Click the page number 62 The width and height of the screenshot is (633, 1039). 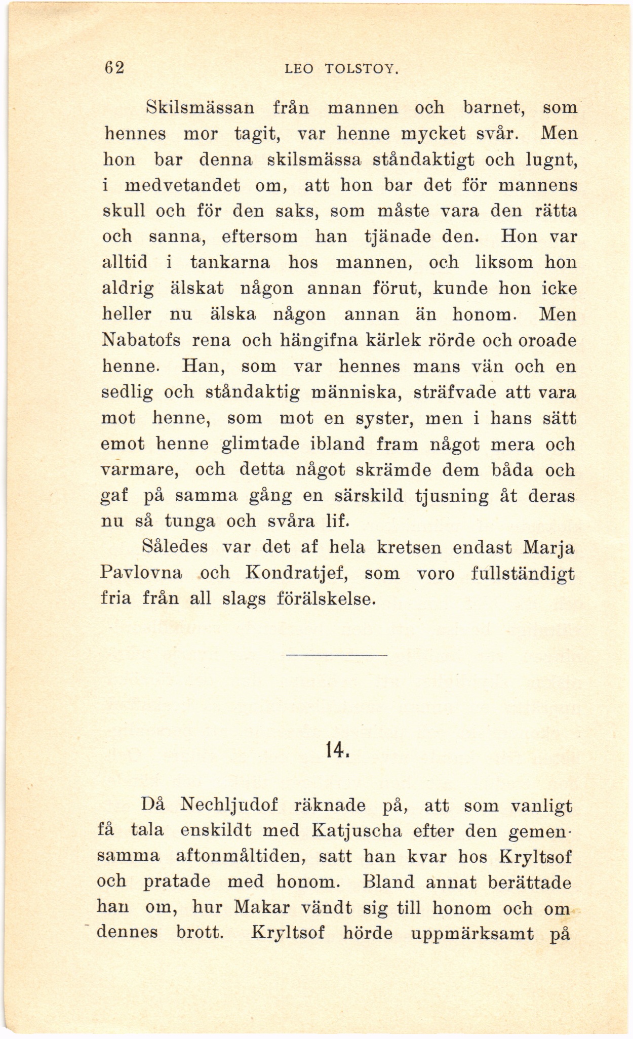click(114, 68)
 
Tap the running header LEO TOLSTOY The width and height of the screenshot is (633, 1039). click(342, 69)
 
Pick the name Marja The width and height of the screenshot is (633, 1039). click(549, 548)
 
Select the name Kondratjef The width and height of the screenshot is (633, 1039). click(295, 574)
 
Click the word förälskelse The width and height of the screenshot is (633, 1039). click(326, 599)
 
